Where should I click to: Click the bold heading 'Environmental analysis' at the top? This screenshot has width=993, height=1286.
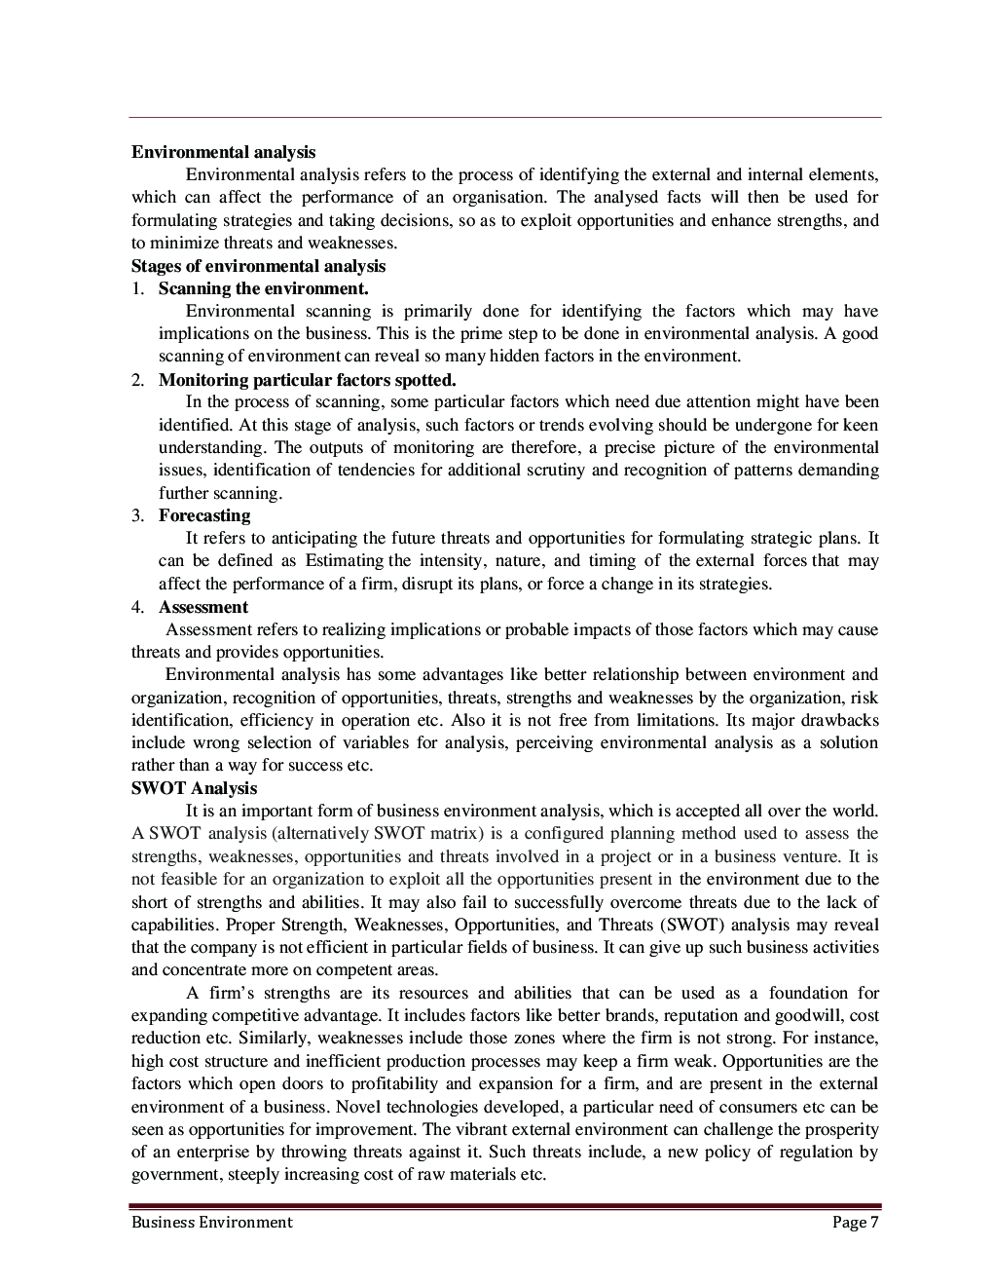[x=223, y=152]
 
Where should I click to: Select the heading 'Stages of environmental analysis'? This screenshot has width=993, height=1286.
[x=258, y=266]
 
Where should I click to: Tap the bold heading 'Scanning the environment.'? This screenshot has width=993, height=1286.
[x=263, y=288]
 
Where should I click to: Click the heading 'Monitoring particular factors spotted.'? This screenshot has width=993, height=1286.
[x=307, y=380]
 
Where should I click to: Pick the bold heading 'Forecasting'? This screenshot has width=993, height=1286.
[x=204, y=515]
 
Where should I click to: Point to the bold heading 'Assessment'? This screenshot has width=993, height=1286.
[x=203, y=607]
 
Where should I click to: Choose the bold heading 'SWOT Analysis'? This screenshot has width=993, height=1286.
[x=194, y=788]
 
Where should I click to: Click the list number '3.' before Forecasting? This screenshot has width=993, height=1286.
[x=138, y=515]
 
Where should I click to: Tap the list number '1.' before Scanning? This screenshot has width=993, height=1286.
[x=138, y=288]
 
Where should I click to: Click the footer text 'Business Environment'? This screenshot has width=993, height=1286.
[x=211, y=1222]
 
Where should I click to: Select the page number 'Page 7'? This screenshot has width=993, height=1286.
[x=855, y=1222]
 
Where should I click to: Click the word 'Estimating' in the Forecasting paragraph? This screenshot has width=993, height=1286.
[x=345, y=561]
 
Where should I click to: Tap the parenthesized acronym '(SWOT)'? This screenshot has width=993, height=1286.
[x=692, y=925]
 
